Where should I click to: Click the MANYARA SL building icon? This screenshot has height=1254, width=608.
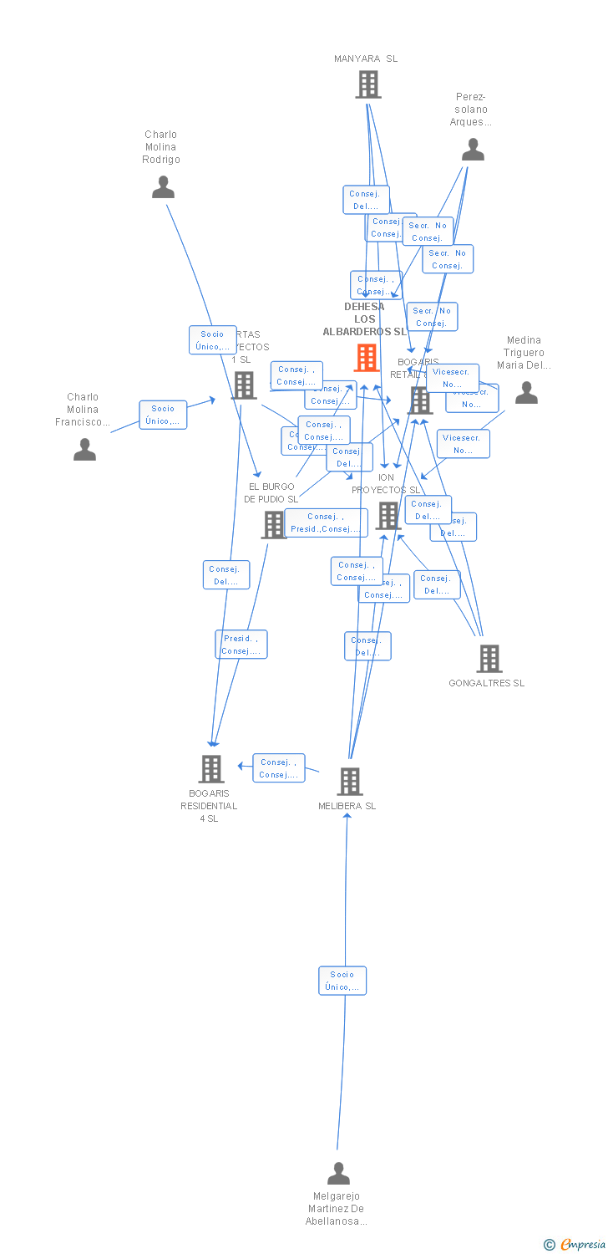coord(367,84)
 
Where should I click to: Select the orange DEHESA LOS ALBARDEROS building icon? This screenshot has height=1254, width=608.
coord(367,358)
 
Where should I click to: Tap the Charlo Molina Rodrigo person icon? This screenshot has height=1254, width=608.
coord(163,187)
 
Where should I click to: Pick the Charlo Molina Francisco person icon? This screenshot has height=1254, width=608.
coord(84,450)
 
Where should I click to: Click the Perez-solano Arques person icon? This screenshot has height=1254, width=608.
coord(473,150)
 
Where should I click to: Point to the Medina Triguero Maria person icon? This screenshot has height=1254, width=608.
coord(526,393)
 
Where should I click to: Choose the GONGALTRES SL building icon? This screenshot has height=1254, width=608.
coord(489,659)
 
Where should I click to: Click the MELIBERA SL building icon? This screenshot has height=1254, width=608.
coord(349,782)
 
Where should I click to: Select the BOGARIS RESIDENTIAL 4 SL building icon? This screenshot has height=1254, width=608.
coord(210,768)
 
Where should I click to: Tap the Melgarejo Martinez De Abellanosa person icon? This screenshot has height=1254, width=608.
coord(338,1174)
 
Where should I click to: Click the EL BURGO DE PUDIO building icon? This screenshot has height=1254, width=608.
coord(274,525)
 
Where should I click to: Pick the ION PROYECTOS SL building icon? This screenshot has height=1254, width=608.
coord(388,516)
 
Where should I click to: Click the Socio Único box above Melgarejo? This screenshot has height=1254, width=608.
coord(342,981)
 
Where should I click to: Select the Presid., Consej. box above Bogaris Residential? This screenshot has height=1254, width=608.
coord(241,645)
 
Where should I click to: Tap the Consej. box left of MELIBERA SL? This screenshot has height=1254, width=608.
coord(278,768)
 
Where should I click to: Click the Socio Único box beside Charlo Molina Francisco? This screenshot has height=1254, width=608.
coord(163,415)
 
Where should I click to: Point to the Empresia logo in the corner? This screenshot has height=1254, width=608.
coord(575,1245)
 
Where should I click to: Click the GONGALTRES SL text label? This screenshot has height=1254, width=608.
coord(487,683)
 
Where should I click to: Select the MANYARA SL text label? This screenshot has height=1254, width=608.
coord(366,59)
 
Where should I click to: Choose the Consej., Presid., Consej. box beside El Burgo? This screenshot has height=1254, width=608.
coord(326,522)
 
